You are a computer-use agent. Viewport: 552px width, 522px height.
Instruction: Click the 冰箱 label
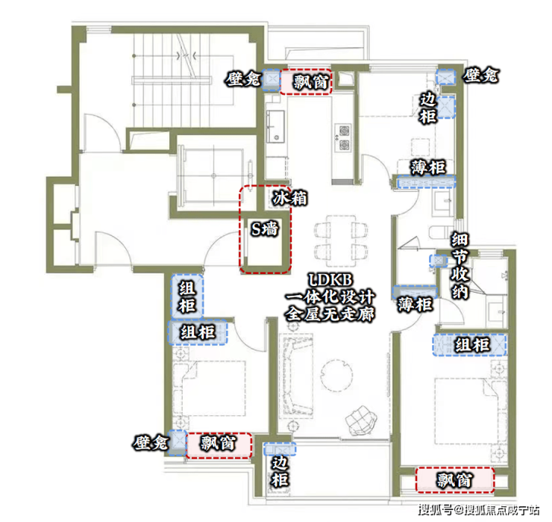tap(289, 199)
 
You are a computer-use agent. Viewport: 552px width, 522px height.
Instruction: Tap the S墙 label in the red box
tap(265, 229)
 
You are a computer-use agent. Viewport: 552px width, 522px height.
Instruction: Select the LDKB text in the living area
tap(330, 280)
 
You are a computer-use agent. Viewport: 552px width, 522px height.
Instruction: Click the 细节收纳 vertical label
tap(460, 266)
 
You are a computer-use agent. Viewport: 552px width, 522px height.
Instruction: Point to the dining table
tap(341, 241)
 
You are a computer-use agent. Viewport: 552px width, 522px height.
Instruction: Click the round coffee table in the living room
tap(336, 376)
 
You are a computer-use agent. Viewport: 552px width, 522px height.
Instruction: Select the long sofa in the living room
tap(295, 376)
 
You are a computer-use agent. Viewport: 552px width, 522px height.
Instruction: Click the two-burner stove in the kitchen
tap(343, 137)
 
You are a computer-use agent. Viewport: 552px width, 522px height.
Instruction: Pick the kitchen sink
tap(275, 126)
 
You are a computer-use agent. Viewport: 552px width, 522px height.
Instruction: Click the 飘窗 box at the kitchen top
tap(306, 81)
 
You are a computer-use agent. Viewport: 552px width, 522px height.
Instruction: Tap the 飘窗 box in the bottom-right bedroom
tap(454, 479)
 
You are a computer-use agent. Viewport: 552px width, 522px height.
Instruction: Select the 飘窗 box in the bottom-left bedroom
tap(219, 446)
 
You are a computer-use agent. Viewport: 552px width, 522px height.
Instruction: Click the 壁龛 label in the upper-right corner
tap(480, 75)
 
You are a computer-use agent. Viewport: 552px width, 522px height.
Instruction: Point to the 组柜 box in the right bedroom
tap(470, 344)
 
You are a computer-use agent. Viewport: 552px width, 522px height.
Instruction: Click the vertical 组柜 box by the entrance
tap(187, 296)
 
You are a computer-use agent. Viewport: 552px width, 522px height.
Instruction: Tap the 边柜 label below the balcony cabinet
tap(280, 472)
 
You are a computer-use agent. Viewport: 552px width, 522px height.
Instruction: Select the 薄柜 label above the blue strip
tap(427, 167)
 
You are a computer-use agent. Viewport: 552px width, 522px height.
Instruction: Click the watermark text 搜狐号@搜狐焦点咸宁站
tap(479, 509)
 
